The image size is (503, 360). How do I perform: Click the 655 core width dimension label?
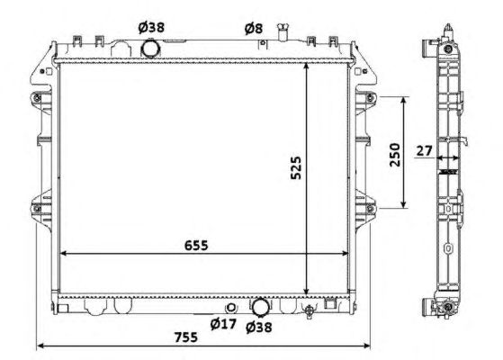click(196, 245)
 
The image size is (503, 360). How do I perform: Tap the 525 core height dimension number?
click(296, 167)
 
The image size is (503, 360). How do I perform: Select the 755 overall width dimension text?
click(186, 337)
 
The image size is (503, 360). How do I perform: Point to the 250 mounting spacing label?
click(395, 155)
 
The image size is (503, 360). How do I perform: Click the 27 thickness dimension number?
click(425, 150)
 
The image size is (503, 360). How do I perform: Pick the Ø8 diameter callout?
click(254, 29)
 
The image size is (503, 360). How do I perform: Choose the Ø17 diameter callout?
click(223, 324)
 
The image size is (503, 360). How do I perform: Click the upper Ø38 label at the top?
click(151, 28)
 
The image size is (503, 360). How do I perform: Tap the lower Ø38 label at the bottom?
click(259, 328)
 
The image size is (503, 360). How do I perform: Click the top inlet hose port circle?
click(151, 48)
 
